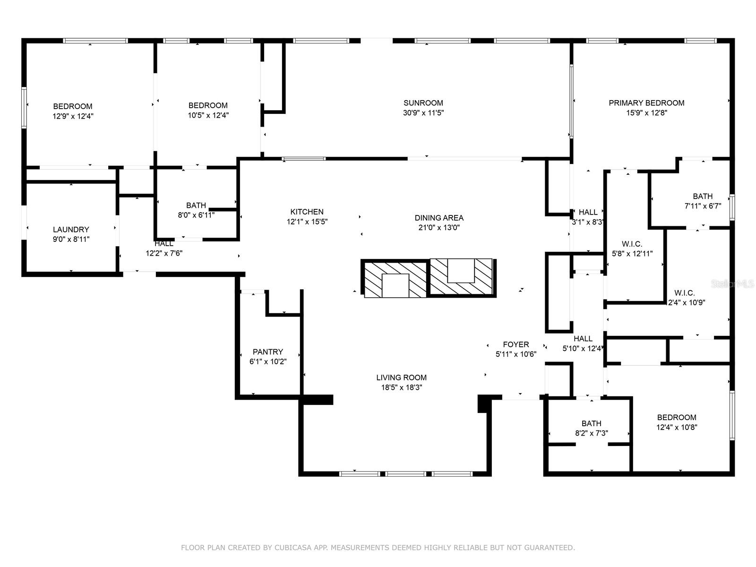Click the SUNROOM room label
(x=423, y=103)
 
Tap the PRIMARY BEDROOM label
(x=646, y=103)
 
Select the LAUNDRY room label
(x=71, y=230)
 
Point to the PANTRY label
(x=267, y=352)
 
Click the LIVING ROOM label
(x=401, y=378)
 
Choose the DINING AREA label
(x=439, y=218)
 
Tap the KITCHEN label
(x=307, y=212)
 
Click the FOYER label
(x=515, y=344)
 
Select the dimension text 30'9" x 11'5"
(x=423, y=113)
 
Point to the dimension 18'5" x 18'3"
(x=401, y=387)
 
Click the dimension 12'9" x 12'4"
(x=73, y=116)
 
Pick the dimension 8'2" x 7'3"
(x=592, y=433)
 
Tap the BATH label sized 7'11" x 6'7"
(x=703, y=196)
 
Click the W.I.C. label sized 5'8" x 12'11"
(x=632, y=244)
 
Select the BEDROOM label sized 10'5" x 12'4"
(x=208, y=105)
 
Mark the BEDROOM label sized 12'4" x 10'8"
(x=677, y=418)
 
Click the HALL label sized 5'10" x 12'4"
(x=583, y=339)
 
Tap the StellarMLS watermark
(x=732, y=284)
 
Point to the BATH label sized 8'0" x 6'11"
(x=196, y=206)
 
